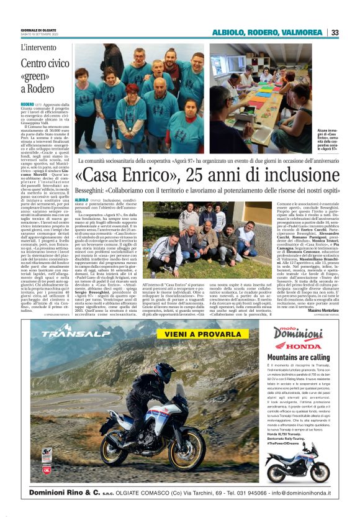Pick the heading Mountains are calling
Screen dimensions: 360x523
click(x=297, y=358)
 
